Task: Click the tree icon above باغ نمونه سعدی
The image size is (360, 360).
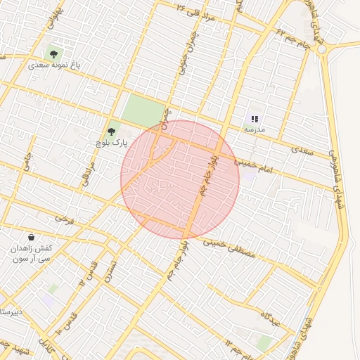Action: [53, 53]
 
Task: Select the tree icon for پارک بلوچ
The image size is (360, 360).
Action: [111, 130]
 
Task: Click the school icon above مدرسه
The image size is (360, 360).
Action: [254, 119]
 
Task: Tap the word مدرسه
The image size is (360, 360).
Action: [254, 130]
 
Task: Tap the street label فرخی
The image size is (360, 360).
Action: [64, 219]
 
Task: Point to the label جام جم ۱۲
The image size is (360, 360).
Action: [236, 345]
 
